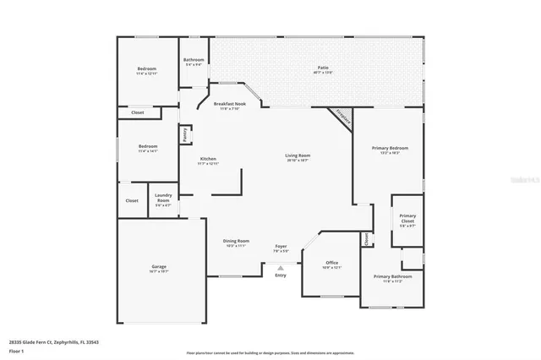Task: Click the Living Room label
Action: pos(297,155)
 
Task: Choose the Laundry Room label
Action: pos(162,200)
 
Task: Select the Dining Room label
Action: pos(236,241)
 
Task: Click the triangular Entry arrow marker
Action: pos(281,268)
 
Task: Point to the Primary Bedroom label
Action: pos(390,149)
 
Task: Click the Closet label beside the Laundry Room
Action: pos(132,200)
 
